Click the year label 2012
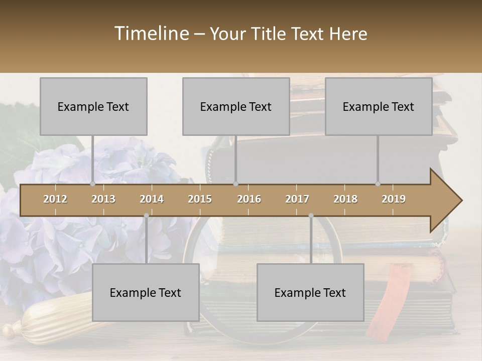click(x=55, y=199)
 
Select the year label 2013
click(x=103, y=199)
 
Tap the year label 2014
click(x=152, y=199)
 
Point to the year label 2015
click(x=200, y=199)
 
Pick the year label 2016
click(x=249, y=199)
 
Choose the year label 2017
click(x=297, y=199)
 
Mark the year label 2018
click(x=345, y=199)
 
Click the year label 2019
click(x=394, y=199)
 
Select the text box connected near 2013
click(x=93, y=106)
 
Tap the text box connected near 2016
click(x=236, y=106)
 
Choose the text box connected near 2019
click(x=379, y=106)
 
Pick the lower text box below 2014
click(x=146, y=292)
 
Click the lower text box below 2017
click(x=310, y=292)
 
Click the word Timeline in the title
click(x=151, y=34)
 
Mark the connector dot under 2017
click(x=311, y=216)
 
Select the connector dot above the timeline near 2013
click(x=92, y=184)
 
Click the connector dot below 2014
click(x=146, y=216)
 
